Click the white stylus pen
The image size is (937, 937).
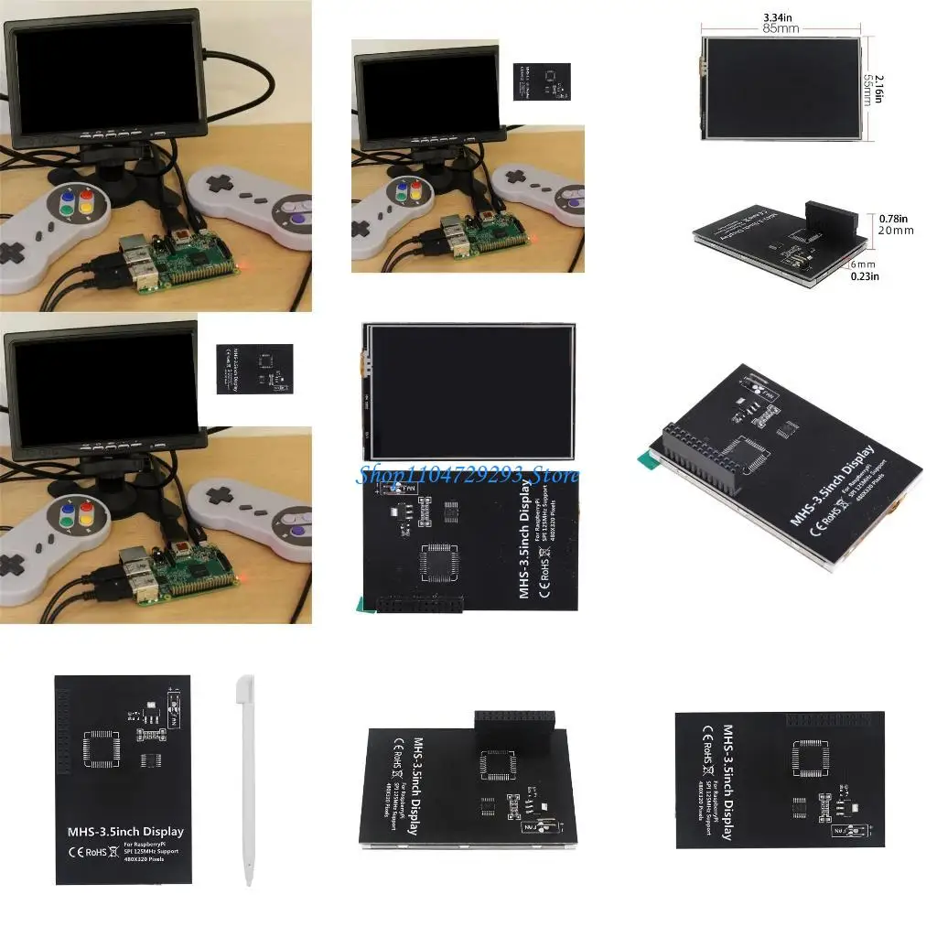pyautogui.click(x=244, y=779)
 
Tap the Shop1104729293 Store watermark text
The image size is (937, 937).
pyautogui.click(x=467, y=475)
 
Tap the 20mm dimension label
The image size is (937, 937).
pyautogui.click(x=896, y=231)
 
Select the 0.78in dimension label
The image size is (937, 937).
pyautogui.click(x=893, y=219)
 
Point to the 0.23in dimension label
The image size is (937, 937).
pyautogui.click(x=865, y=275)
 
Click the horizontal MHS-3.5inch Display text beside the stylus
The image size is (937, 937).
pyautogui.click(x=125, y=832)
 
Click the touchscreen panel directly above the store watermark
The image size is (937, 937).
pyautogui.click(x=469, y=392)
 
